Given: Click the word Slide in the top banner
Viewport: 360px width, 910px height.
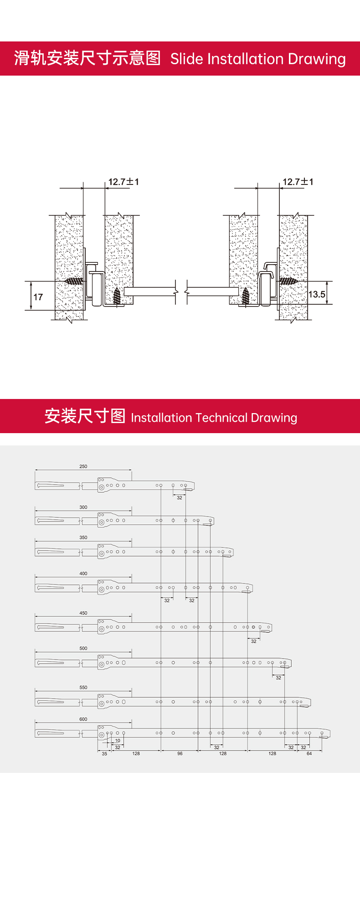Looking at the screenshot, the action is tap(187, 59).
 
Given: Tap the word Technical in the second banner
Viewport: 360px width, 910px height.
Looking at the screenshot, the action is tap(221, 418).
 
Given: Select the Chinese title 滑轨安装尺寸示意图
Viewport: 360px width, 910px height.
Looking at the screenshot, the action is tap(87, 58).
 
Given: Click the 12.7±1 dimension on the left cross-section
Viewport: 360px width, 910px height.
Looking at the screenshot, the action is tap(123, 182).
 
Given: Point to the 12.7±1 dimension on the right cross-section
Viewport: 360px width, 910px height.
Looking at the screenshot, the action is tap(298, 182).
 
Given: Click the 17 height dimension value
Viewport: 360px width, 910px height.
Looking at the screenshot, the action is tap(38, 297).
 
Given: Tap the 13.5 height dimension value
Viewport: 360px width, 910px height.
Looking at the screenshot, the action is tap(317, 294).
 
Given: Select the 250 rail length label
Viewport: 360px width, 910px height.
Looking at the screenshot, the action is tap(83, 466).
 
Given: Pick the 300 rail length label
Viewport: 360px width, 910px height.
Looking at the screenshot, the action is tap(83, 507).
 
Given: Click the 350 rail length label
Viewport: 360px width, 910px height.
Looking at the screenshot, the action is tap(83, 537).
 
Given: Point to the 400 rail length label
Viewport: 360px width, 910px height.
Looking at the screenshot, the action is tap(83, 573).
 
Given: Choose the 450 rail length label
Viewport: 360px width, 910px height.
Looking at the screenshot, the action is tap(83, 613).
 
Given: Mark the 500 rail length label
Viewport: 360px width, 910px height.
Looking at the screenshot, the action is tap(83, 648).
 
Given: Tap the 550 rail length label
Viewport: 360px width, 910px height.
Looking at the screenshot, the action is tap(83, 687).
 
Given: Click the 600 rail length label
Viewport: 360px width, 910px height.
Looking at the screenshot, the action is tap(83, 719).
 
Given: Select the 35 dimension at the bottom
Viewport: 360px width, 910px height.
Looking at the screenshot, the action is tap(104, 754).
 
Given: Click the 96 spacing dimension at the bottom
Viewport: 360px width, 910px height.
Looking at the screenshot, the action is tap(180, 754).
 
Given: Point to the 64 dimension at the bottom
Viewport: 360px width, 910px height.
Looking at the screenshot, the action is tap(309, 754).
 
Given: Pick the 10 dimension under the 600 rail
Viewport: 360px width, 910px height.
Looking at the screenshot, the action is tap(118, 741).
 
